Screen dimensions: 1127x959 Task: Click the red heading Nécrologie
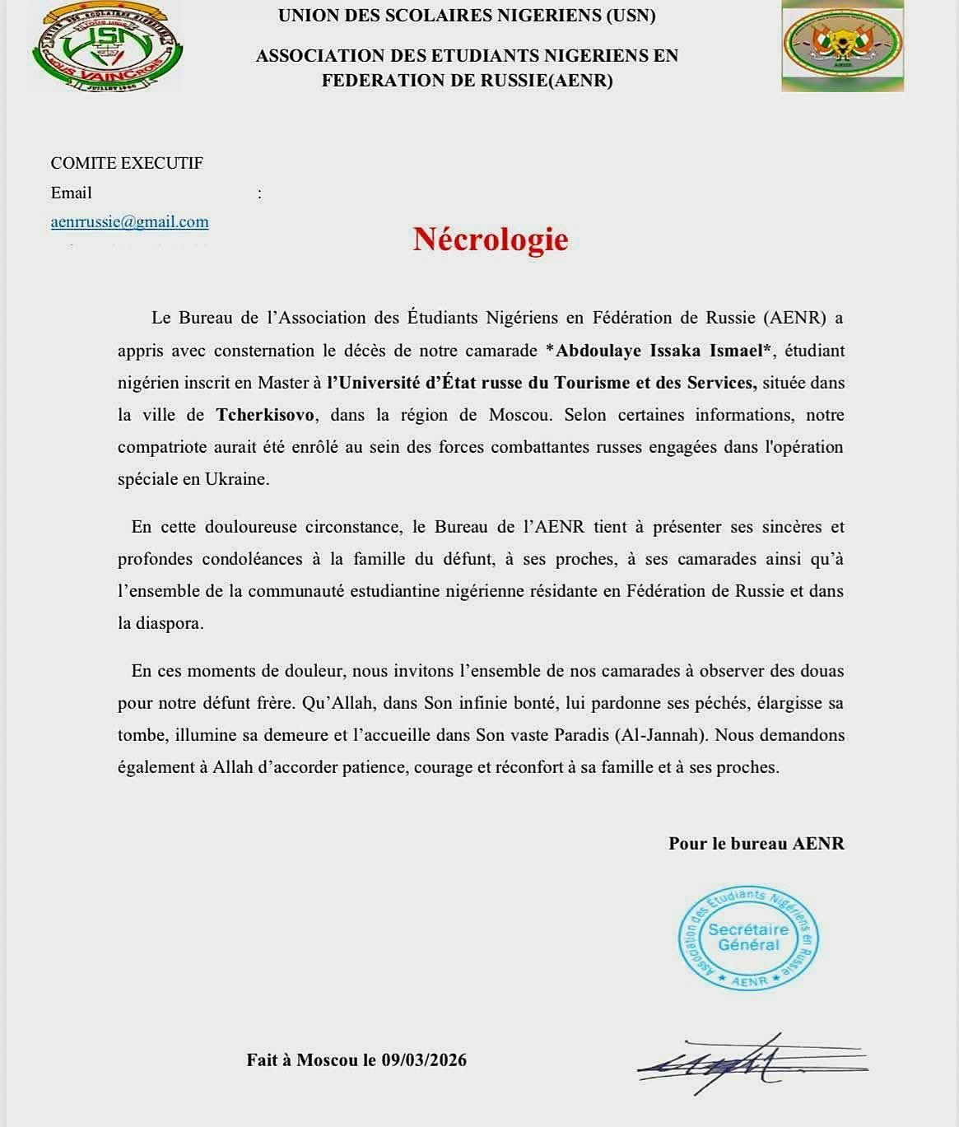(x=491, y=239)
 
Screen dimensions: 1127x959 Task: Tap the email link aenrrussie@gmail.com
(x=129, y=221)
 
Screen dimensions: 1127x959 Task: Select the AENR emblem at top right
(x=841, y=45)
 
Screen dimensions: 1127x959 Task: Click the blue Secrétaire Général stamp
(x=748, y=938)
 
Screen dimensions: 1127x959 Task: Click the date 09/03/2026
(x=424, y=1060)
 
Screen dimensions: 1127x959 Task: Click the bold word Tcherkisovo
(x=265, y=415)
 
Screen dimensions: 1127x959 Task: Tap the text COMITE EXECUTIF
(x=127, y=163)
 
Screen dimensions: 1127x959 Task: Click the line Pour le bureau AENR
(x=756, y=843)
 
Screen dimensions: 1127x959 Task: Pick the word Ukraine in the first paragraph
(x=236, y=479)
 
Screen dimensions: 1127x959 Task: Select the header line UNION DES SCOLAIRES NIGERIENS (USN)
(x=467, y=16)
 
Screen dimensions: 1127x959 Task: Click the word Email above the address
(x=72, y=193)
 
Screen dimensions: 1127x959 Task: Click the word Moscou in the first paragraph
(x=519, y=415)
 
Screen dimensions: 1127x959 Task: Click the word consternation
(x=265, y=351)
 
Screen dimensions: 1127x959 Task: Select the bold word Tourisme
(x=597, y=383)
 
